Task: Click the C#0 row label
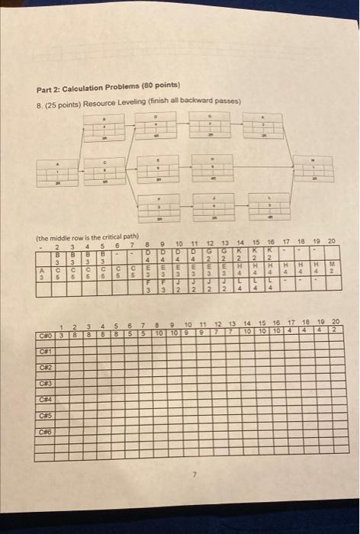pos(47,333)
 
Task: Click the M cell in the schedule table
pos(330,264)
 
